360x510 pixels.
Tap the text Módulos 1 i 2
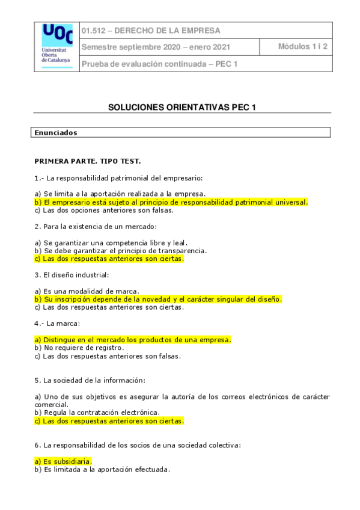pos(302,47)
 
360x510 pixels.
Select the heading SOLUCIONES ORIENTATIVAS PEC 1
pos(182,107)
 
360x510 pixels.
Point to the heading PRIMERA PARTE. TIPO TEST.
pos(88,161)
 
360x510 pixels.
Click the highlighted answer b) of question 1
pos(171,202)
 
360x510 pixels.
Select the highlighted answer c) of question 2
pos(109,259)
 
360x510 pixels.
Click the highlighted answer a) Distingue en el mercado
pos(133,340)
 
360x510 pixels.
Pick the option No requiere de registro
pos(79,348)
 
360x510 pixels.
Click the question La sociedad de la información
pos(90,380)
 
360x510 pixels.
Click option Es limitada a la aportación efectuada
pos(102,469)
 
